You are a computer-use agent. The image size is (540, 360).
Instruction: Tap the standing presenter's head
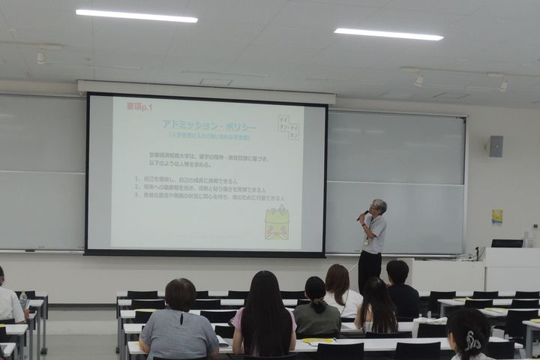click(379, 206)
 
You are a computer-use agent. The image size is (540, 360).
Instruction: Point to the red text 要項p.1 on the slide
click(139, 106)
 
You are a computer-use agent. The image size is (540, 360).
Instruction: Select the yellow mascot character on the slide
click(277, 223)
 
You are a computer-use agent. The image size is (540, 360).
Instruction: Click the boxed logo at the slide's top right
click(289, 126)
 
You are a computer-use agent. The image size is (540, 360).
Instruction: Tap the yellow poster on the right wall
click(497, 217)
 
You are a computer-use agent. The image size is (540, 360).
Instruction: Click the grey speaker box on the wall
click(496, 146)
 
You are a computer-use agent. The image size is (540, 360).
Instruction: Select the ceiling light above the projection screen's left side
click(136, 16)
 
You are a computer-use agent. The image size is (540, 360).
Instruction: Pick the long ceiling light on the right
click(388, 34)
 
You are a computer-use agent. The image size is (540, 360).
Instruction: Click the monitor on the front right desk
click(507, 243)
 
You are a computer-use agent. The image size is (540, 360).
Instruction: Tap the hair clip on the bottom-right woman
click(472, 341)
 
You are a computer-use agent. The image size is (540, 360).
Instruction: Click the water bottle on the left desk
click(22, 300)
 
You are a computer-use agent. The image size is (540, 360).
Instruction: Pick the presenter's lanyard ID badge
click(366, 241)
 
